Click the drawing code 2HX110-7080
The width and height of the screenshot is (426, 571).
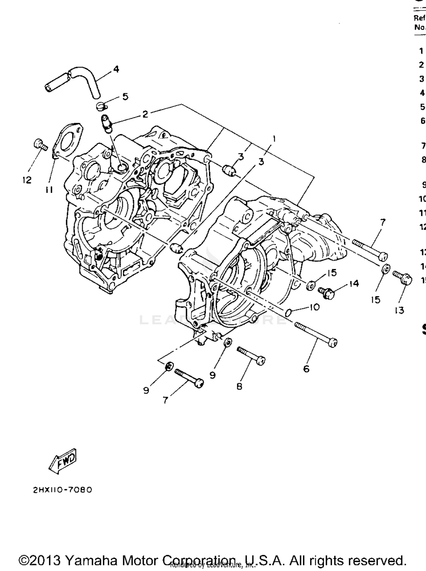[63, 490]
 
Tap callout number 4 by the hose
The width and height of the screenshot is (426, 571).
[116, 69]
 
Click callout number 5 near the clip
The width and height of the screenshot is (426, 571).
[125, 96]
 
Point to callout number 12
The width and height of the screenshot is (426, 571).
[27, 180]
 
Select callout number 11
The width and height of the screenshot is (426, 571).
[49, 190]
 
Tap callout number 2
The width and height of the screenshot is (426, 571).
[145, 114]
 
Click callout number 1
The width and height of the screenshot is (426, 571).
[274, 139]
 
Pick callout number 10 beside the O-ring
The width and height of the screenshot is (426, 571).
[314, 307]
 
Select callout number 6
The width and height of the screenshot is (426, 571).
[306, 369]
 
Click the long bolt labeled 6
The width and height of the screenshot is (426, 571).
[315, 334]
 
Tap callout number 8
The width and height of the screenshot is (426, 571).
[239, 386]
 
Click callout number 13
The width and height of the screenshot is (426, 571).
[399, 310]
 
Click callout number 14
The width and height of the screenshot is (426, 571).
[354, 284]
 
